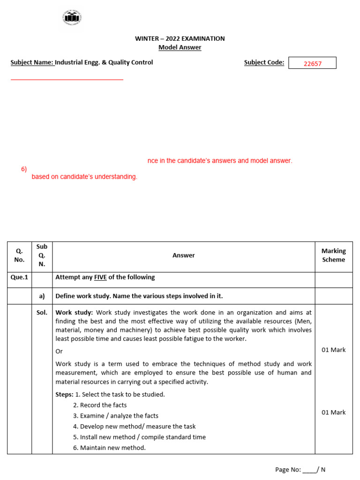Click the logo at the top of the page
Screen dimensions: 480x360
point(72,17)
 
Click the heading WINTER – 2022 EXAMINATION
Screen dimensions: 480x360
point(180,38)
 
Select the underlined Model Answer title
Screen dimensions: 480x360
point(180,47)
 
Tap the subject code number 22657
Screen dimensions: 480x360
point(312,63)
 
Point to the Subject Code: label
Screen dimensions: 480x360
point(264,62)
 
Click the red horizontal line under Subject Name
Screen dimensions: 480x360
point(67,80)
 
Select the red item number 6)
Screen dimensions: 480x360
point(24,169)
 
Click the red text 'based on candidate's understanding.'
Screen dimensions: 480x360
point(84,177)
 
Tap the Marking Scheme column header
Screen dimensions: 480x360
point(333,255)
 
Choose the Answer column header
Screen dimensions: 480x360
point(183,255)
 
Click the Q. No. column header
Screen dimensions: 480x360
point(19,255)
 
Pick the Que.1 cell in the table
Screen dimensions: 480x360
point(19,277)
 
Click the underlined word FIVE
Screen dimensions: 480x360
point(100,277)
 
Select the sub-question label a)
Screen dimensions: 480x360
point(42,296)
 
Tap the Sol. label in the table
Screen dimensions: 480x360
point(42,313)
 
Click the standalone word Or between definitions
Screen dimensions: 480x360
point(59,351)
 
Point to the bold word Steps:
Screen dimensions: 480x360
point(64,394)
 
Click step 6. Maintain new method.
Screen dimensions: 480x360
point(109,448)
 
